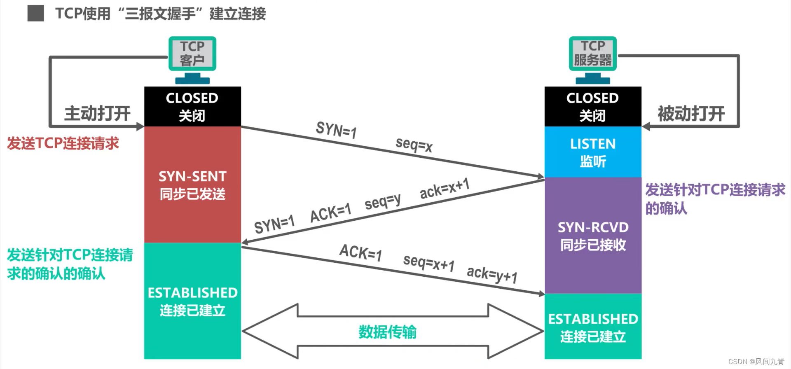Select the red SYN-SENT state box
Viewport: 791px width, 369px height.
(192, 184)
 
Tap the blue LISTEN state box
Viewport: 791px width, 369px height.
(593, 152)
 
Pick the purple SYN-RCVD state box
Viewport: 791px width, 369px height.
(593, 236)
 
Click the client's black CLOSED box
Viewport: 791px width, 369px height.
(192, 106)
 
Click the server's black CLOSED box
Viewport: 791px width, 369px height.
(593, 106)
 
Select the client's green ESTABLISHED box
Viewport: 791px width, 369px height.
(192, 301)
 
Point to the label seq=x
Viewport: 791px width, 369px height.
(414, 145)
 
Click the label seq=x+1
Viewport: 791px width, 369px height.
(428, 262)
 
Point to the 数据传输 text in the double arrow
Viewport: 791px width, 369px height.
(387, 332)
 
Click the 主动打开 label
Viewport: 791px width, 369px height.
(97, 114)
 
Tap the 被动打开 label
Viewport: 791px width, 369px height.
(691, 114)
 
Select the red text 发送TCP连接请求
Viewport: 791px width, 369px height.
(63, 143)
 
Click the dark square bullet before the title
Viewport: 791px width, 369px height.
(36, 13)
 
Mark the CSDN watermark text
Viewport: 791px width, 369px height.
(756, 362)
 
